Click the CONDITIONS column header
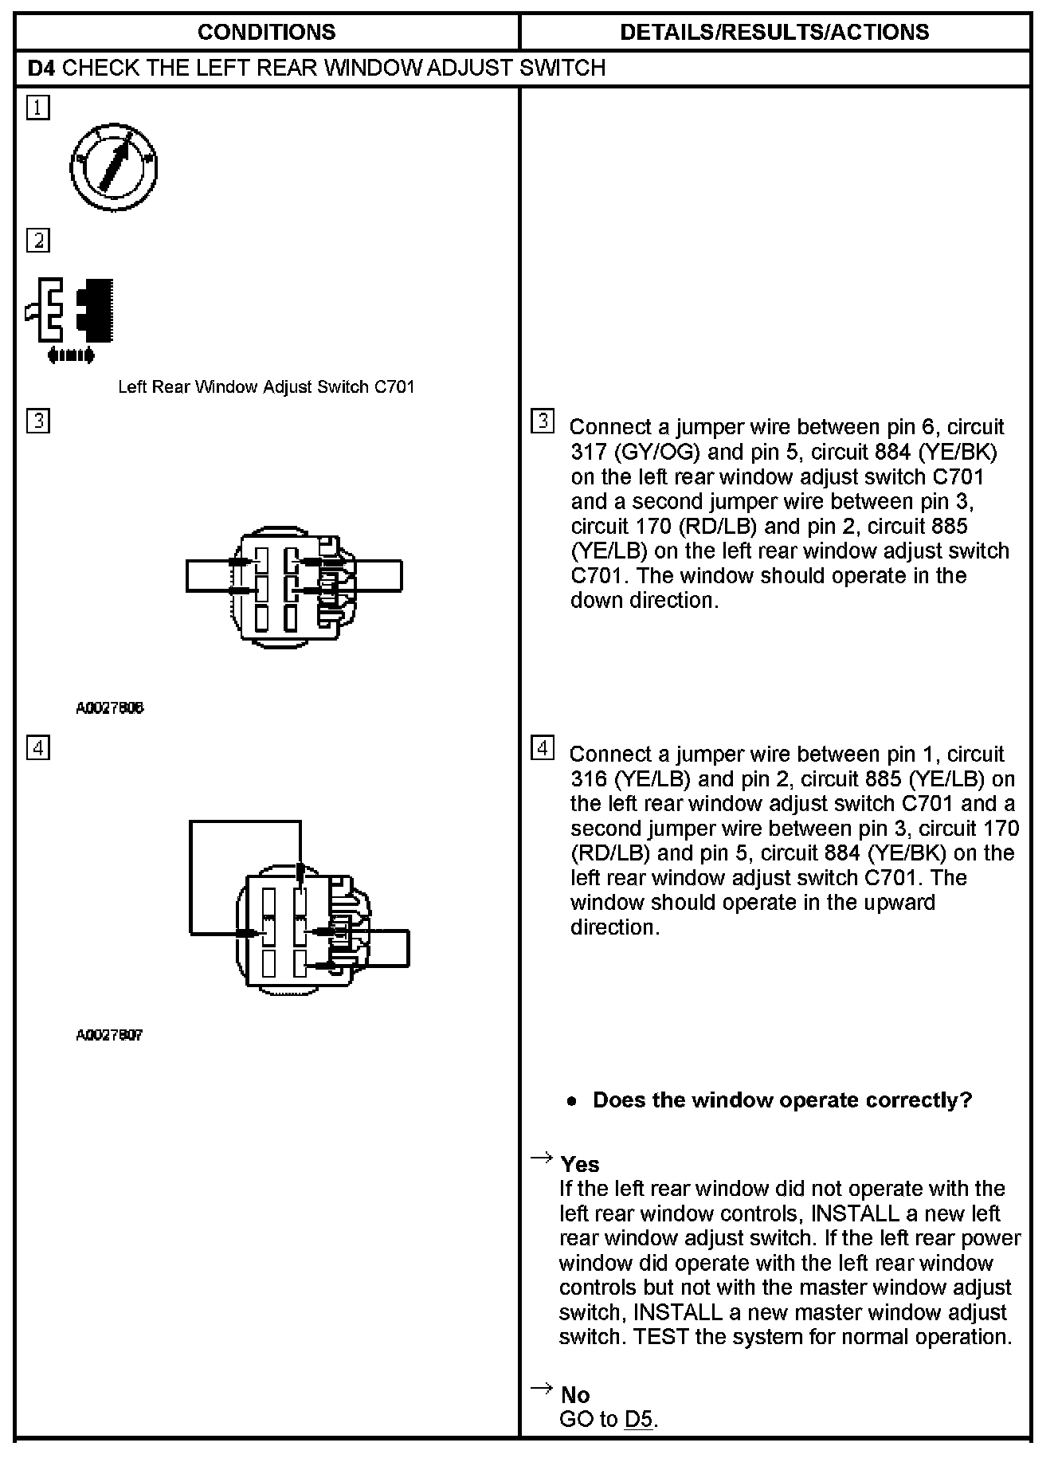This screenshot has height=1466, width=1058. click(266, 32)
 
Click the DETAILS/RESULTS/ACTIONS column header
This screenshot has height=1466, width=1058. click(774, 32)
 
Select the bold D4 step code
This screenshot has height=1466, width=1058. click(42, 68)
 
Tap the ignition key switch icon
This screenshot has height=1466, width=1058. click(113, 167)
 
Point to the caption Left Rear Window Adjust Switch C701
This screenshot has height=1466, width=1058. click(266, 387)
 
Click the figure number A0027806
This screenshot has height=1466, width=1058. click(110, 708)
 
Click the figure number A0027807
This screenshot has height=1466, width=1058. click(110, 1035)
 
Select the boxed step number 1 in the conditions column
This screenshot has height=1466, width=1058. click(37, 108)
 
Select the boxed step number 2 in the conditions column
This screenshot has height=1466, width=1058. click(37, 240)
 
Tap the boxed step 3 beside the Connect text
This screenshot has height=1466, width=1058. click(543, 421)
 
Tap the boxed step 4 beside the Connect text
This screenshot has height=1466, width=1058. click(543, 749)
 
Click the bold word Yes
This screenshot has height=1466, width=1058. click(580, 1164)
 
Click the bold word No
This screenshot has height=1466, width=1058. click(575, 1394)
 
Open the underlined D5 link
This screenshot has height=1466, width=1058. click(638, 1419)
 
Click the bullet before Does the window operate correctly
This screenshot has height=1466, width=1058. click(572, 1101)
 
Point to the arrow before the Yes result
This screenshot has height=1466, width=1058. click(542, 1158)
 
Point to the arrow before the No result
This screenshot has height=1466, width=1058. click(542, 1389)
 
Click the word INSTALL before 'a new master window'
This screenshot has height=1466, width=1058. click(674, 1312)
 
